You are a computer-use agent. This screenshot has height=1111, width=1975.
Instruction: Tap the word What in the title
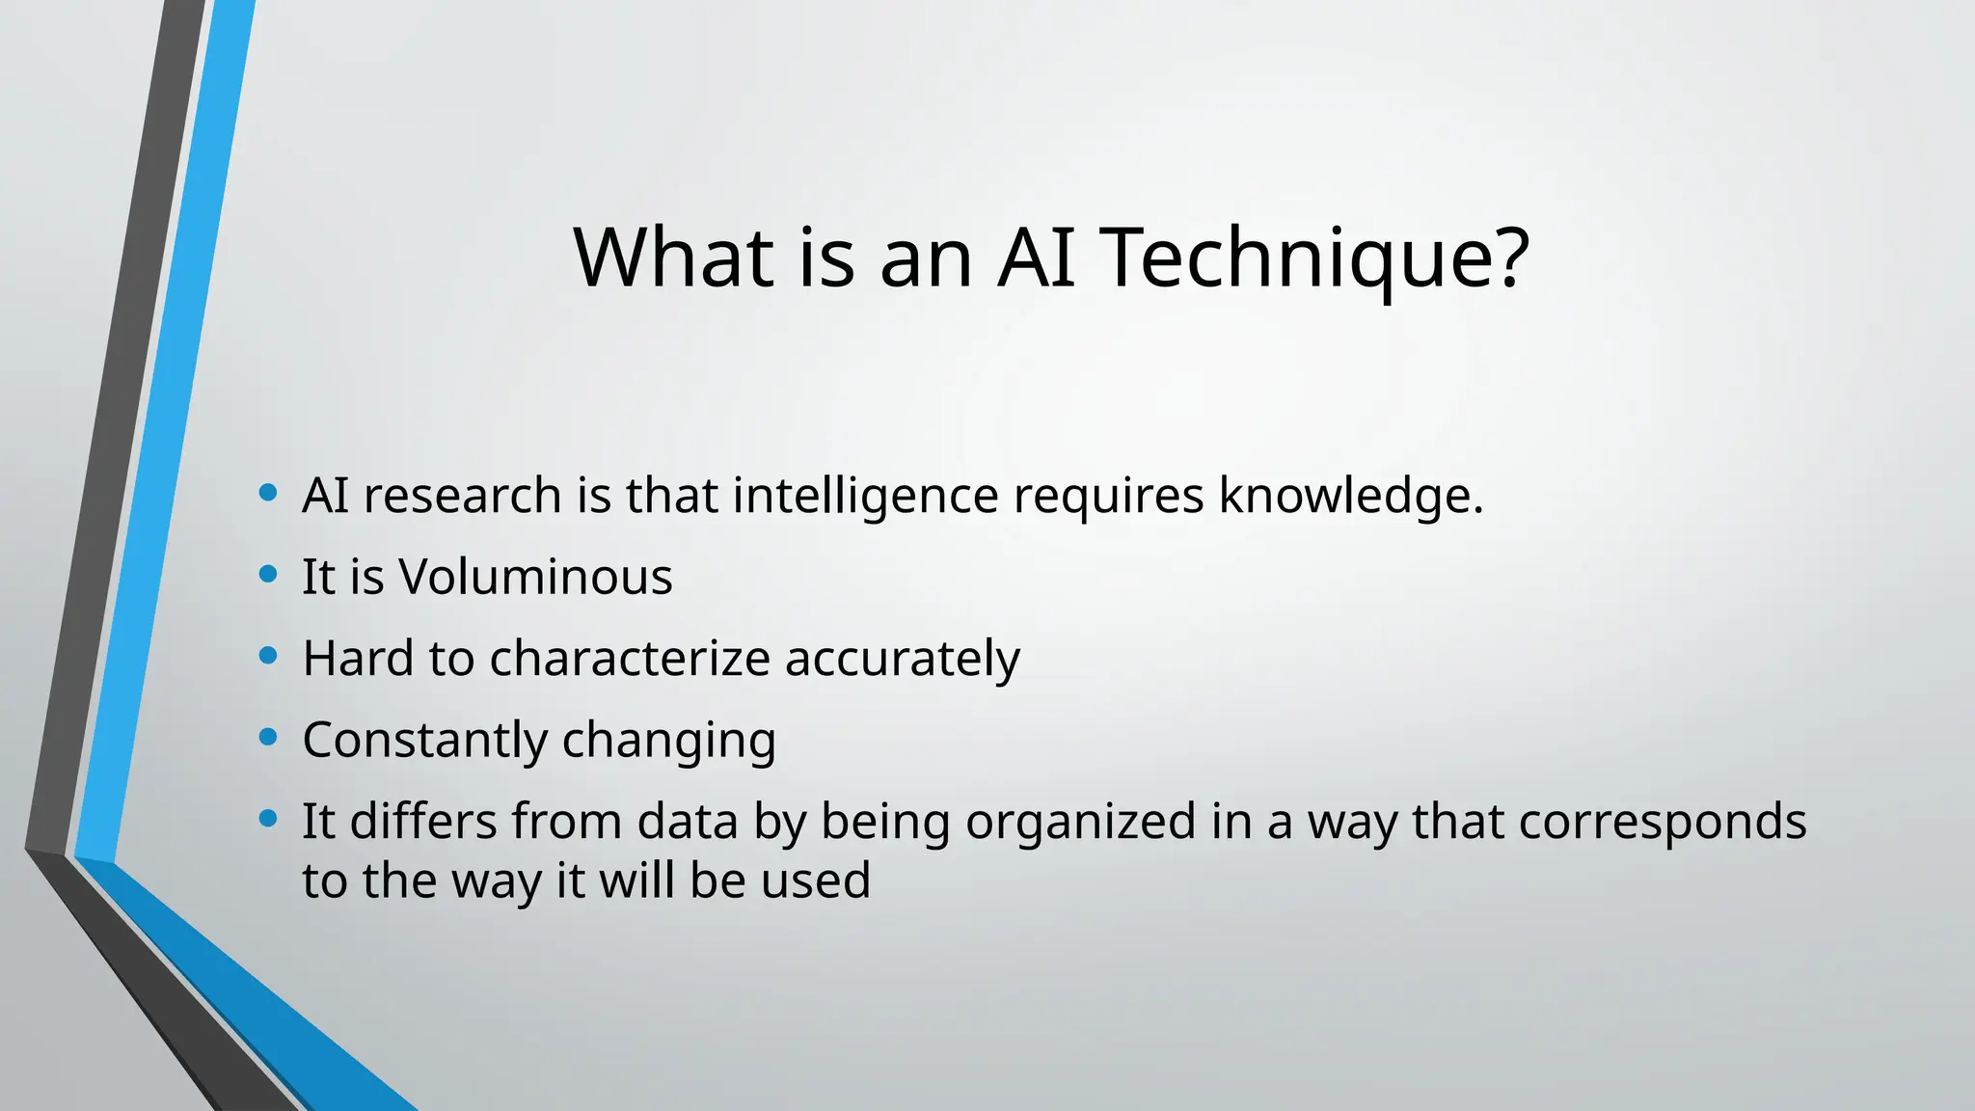[x=673, y=257]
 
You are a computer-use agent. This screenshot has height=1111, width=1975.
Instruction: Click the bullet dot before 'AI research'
[x=269, y=494]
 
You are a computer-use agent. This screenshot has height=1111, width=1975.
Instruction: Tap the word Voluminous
[x=536, y=577]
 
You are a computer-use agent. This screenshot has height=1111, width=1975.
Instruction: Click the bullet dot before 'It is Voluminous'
[x=269, y=575]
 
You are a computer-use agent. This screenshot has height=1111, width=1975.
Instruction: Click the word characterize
[x=630, y=658]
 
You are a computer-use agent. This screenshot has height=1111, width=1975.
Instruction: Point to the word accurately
[x=902, y=660]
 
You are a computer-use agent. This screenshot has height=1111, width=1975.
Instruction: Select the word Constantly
[x=425, y=741]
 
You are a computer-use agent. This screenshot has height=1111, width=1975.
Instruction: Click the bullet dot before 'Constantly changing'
[x=269, y=738]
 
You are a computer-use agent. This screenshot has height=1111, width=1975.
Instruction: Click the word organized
[x=1080, y=824]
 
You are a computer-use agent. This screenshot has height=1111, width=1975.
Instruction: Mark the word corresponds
[x=1662, y=824]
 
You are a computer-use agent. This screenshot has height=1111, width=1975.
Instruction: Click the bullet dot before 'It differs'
[x=269, y=820]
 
